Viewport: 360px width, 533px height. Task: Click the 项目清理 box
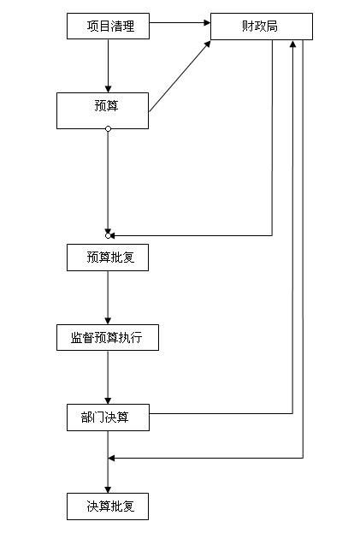(x=108, y=27)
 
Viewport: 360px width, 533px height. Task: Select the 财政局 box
(x=262, y=27)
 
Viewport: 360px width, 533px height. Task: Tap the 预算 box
(x=103, y=111)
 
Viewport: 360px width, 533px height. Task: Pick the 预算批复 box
(x=108, y=258)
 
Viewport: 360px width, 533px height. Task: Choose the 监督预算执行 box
(x=108, y=338)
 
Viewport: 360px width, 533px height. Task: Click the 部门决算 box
(x=108, y=418)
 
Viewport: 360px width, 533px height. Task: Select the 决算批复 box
(x=108, y=506)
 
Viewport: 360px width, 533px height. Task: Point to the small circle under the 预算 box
(x=108, y=129)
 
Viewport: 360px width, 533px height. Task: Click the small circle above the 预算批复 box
(x=108, y=235)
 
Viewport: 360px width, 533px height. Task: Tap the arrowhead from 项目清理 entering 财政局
(x=207, y=23)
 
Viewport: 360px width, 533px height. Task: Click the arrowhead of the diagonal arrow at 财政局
(x=207, y=44)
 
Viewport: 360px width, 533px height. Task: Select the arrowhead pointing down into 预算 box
(x=108, y=89)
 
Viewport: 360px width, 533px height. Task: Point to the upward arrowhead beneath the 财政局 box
(x=292, y=44)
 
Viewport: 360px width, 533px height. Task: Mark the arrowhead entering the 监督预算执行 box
(x=108, y=321)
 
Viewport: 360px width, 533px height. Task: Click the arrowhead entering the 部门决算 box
(x=108, y=400)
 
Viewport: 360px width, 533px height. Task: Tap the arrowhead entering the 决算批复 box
(x=108, y=489)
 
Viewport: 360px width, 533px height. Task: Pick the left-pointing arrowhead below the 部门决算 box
(x=112, y=459)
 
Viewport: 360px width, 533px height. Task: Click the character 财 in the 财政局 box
(x=248, y=27)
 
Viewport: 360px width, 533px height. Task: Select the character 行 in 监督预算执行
(x=136, y=338)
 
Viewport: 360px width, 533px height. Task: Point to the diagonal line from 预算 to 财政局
(x=180, y=76)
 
